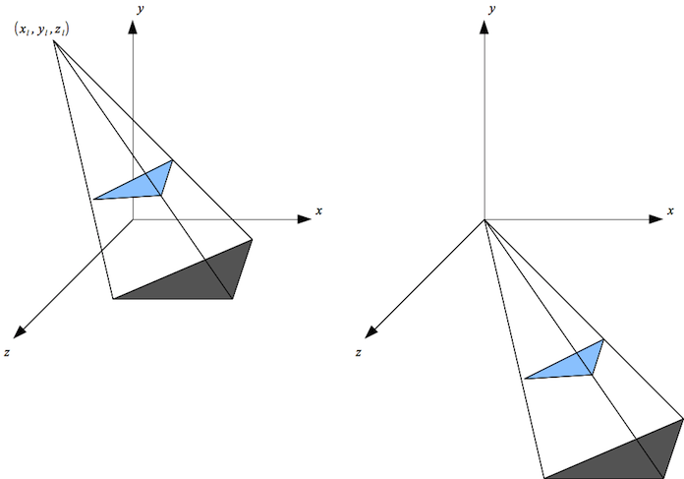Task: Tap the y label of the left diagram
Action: pos(143,10)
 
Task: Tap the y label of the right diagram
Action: pos(491,10)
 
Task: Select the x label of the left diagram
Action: pos(320,211)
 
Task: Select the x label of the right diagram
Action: pos(670,211)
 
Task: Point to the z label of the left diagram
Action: pos(7,351)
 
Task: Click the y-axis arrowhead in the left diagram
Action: pos(134,27)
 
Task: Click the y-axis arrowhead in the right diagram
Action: pos(484,27)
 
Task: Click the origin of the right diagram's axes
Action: pos(484,219)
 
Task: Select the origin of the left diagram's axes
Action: pos(134,219)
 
